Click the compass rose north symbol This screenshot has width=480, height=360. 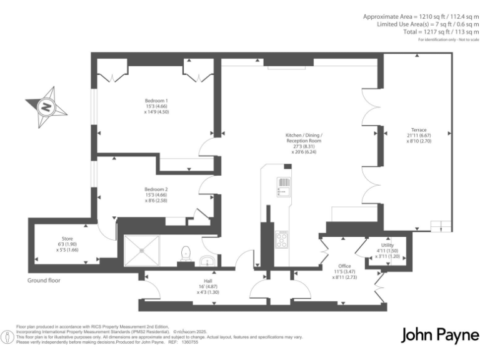46,107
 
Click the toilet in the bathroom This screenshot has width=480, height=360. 185,253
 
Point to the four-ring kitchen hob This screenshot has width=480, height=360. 281,239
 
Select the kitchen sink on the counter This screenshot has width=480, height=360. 282,186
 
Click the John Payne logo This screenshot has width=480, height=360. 439,334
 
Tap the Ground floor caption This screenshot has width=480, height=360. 44,281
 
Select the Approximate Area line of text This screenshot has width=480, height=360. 421,16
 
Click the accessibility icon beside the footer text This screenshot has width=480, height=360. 7,337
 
